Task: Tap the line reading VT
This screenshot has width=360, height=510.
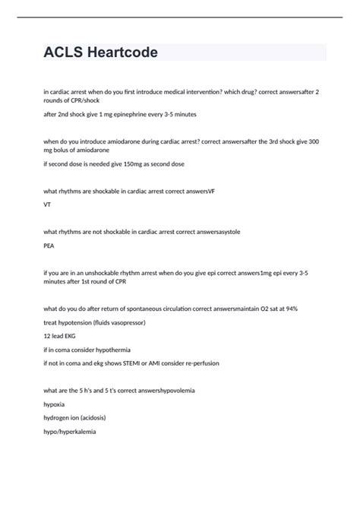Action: pos(47,204)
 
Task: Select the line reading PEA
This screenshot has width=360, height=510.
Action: pos(49,245)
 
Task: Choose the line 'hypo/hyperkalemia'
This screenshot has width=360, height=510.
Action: pos(70,432)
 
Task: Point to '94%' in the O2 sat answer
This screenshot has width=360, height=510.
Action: pos(300,309)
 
